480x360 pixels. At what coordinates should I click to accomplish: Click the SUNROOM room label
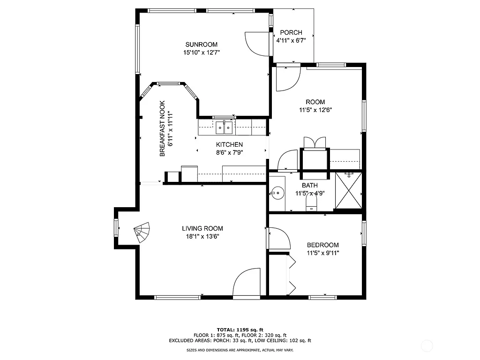click(202, 45)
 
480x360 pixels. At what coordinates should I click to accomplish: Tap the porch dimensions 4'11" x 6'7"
click(291, 41)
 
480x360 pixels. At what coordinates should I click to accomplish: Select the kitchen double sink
click(224, 127)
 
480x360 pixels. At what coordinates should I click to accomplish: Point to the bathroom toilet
click(311, 202)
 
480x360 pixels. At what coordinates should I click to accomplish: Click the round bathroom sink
click(277, 192)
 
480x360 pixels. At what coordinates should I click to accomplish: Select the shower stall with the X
click(349, 191)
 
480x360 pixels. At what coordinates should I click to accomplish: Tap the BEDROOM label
click(322, 245)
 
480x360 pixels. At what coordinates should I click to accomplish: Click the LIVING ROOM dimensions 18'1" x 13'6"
click(202, 236)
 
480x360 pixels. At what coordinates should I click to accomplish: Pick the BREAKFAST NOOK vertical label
click(162, 128)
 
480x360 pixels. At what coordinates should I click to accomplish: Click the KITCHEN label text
click(229, 144)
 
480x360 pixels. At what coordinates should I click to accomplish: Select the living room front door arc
click(246, 284)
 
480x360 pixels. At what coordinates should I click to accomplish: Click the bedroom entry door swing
click(279, 239)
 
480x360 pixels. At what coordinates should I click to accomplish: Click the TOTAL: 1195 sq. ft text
click(240, 330)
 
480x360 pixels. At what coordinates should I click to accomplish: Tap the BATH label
click(310, 186)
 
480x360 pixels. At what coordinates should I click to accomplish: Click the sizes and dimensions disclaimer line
click(240, 350)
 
